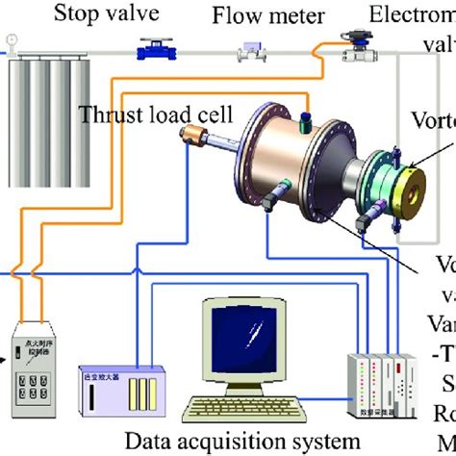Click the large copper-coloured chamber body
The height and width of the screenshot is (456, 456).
(289, 173)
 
